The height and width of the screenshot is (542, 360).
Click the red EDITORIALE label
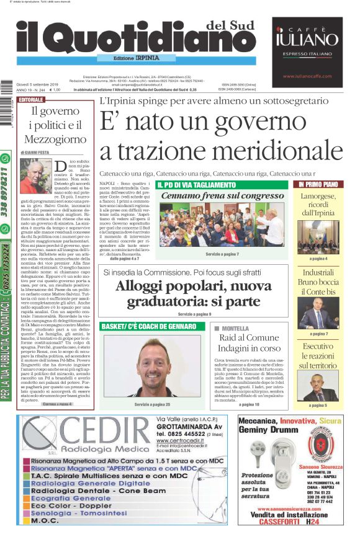(31, 100)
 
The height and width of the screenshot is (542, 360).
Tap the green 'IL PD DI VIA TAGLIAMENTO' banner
(196, 185)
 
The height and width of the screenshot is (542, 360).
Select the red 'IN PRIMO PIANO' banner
(318, 184)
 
